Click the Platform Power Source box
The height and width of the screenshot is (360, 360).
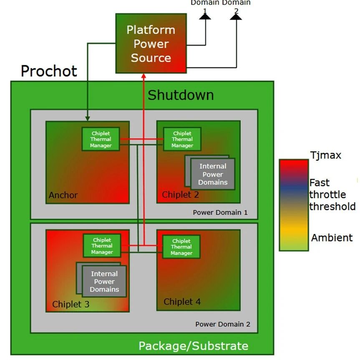point(151,43)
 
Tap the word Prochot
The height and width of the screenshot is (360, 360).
point(49,71)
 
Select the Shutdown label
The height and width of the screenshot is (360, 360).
point(181,95)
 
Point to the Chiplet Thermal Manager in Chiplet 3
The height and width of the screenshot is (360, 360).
point(102,246)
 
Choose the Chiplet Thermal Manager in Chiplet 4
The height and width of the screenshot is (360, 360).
point(181,247)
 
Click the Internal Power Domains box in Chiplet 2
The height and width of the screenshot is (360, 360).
point(213,174)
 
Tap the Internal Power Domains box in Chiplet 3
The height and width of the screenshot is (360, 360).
point(104,282)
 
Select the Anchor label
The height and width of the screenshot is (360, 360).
point(63,195)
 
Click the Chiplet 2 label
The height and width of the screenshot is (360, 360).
point(180,195)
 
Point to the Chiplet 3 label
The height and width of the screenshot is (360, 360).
point(70,304)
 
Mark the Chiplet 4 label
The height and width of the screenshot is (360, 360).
point(182,302)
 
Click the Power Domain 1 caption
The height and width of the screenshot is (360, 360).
point(220,212)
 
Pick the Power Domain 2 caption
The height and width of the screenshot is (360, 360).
point(223,324)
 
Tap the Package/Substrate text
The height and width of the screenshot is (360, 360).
point(193,346)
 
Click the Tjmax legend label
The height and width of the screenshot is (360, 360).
point(325,155)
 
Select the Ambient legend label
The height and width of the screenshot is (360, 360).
point(332,237)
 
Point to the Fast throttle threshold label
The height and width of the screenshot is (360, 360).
point(332,195)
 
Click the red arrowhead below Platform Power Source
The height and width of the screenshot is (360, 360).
point(143,77)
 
